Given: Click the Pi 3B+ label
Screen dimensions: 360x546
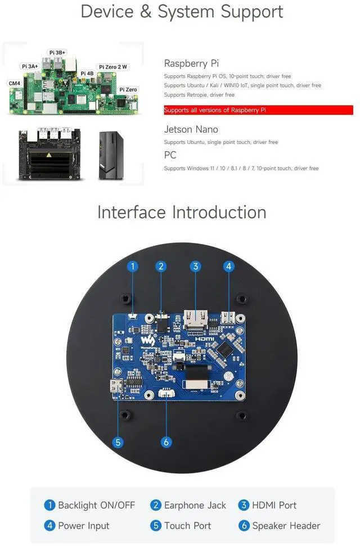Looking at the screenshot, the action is click(57, 52).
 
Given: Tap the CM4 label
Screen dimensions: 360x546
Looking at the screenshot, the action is click(14, 83).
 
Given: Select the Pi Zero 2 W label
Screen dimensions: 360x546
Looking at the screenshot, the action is click(114, 67).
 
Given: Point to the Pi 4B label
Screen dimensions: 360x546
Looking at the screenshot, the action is click(87, 74).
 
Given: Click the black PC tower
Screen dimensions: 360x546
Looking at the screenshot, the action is click(111, 155).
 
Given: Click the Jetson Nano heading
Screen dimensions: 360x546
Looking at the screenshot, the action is click(191, 129).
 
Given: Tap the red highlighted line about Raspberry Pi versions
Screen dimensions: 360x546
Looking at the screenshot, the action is click(258, 110).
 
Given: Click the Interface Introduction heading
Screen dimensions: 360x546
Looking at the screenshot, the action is click(182, 212).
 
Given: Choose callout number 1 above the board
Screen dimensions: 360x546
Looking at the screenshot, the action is click(133, 266).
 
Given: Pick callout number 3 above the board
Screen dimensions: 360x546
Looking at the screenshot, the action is click(195, 266).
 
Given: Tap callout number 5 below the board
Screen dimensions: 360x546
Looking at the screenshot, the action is click(118, 442).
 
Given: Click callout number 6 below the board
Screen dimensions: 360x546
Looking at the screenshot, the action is click(166, 442).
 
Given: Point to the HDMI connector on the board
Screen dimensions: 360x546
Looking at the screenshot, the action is click(194, 321).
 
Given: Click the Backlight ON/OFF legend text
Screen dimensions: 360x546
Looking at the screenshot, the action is click(96, 505).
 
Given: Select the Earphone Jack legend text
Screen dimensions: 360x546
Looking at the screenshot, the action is click(195, 505).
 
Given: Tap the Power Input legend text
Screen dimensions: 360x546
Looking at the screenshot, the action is click(84, 526).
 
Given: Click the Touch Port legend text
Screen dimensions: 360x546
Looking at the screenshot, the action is click(188, 526).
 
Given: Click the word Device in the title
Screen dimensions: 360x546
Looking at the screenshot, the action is click(107, 12).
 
